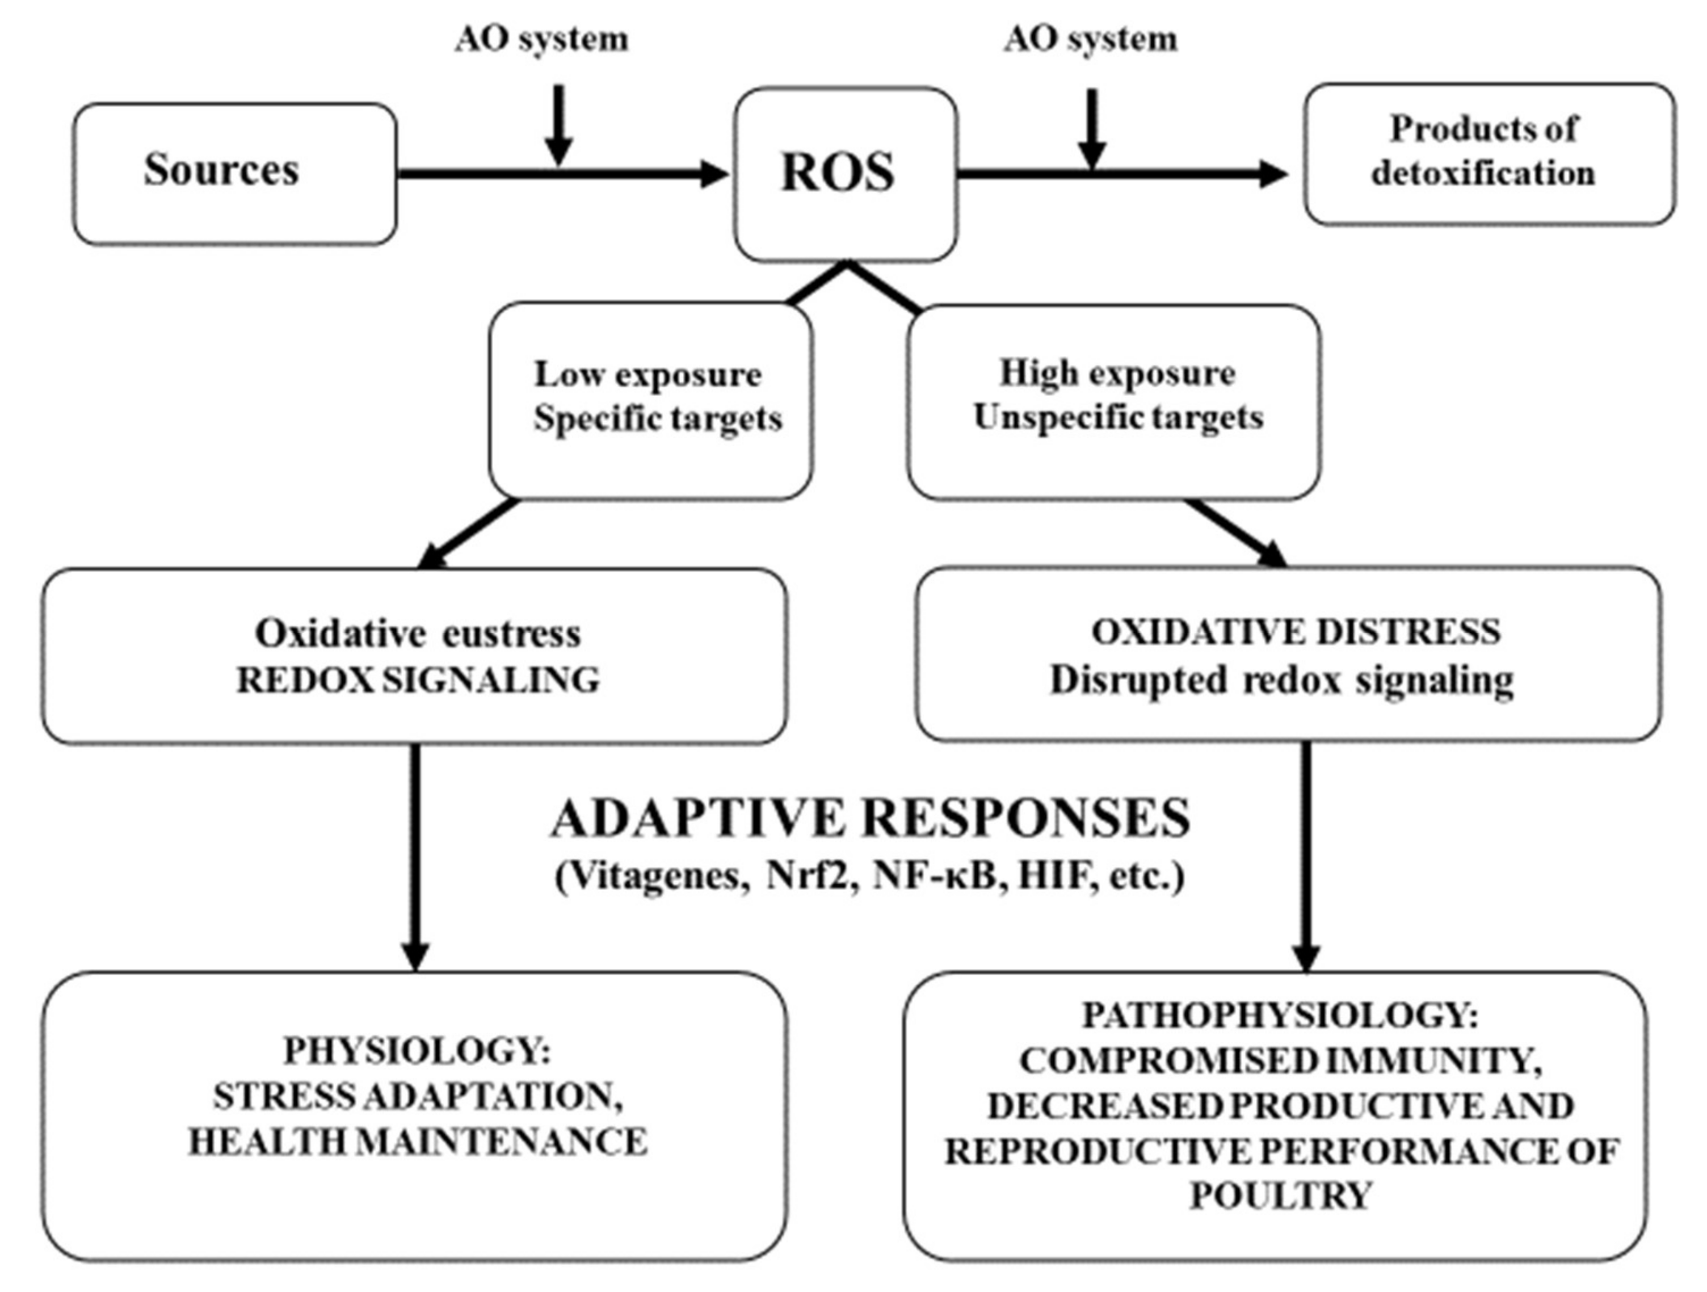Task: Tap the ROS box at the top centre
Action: click(845, 173)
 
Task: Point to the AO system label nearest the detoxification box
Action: click(1090, 39)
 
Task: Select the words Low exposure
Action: click(648, 375)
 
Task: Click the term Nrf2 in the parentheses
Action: click(812, 878)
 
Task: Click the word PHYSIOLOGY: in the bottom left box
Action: click(417, 1050)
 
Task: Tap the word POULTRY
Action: click(1280, 1195)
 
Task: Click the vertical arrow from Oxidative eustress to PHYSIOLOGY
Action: click(416, 849)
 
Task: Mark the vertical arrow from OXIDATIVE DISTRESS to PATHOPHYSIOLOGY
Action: click(1306, 849)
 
